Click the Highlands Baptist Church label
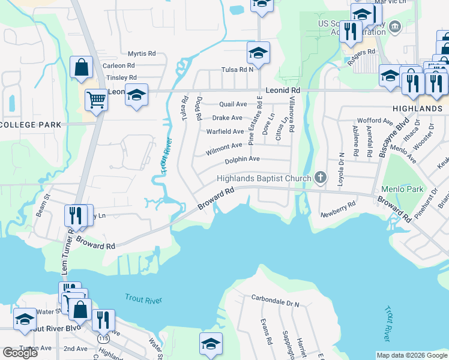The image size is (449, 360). tap(264, 178)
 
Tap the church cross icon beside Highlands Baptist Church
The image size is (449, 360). tap(321, 178)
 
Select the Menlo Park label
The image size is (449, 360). tap(406, 189)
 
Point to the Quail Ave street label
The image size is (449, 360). tap(234, 104)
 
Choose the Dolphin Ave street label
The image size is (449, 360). tap(242, 159)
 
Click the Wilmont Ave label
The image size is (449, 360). tap(224, 146)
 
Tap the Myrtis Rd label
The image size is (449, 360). tap(142, 53)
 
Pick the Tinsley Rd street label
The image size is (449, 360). tap(121, 77)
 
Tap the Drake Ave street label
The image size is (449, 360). tap(228, 118)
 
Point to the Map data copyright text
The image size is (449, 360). tap(412, 355)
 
